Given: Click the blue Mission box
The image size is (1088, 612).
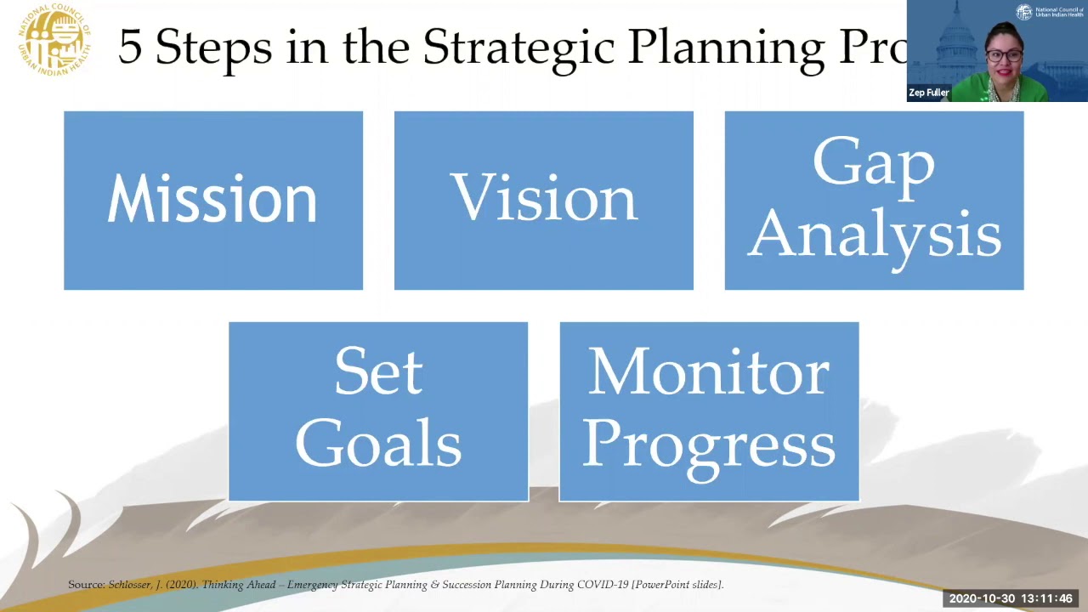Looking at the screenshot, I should tap(212, 201).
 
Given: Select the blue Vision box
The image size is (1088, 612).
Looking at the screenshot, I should tap(543, 201).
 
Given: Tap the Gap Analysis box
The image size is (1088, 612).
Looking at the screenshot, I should tap(874, 201).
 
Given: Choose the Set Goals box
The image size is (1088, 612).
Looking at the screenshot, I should tap(378, 411).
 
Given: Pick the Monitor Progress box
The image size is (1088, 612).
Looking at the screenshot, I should tap(709, 411).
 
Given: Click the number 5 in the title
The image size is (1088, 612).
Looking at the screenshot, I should tap(129, 47).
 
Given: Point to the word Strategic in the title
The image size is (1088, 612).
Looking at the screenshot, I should tap(518, 47).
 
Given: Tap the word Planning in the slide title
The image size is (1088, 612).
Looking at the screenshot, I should tap(727, 47).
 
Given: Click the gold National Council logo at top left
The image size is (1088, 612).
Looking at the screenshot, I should tap(54, 39).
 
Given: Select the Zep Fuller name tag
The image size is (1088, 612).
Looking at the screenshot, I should tap(928, 93).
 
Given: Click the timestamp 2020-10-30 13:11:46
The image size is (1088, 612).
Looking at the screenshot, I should tap(1010, 598).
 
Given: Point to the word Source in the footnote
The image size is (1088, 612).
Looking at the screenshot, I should tap(86, 585).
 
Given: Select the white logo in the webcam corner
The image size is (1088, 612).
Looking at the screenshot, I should tap(1023, 12).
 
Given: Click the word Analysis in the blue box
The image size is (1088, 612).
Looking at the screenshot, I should tap(874, 234).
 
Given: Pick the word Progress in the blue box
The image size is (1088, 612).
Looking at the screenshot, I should tap(709, 445).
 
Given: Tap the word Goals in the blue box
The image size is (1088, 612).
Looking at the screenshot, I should tap(378, 445).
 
